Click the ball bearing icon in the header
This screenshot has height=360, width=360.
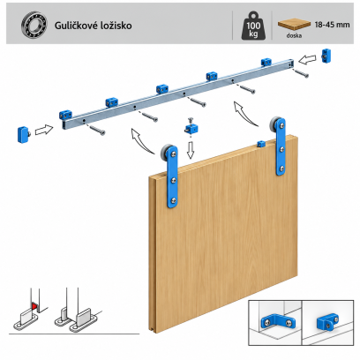point(34,25)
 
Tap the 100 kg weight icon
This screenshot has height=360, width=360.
point(253,26)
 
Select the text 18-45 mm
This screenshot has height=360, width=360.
point(332,25)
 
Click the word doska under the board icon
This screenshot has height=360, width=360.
point(294,35)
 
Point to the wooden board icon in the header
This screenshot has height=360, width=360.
point(294,24)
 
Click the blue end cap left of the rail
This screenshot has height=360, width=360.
point(24,134)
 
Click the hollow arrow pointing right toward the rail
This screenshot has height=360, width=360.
point(44,130)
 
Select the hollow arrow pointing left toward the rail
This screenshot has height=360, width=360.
point(307,60)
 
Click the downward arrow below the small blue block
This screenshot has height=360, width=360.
point(191,150)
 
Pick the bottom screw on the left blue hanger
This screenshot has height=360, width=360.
point(174,201)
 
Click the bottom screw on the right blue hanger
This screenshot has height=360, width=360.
point(281,169)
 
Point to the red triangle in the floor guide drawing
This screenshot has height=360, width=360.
point(34,306)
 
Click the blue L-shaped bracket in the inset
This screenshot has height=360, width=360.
point(278,322)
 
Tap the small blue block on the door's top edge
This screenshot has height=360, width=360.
point(261,144)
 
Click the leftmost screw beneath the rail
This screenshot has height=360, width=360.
point(97,131)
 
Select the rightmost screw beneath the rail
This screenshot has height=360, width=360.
point(302,73)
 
